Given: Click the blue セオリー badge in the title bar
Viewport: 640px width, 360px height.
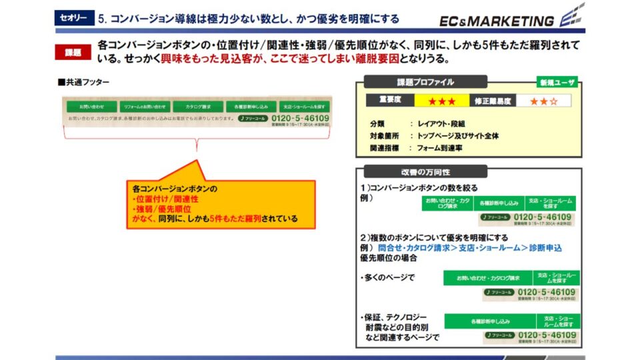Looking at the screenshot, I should point(73,19).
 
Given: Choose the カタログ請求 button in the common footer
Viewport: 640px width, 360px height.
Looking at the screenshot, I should point(198,107).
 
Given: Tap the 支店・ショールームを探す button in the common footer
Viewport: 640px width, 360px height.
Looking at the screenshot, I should point(303,107).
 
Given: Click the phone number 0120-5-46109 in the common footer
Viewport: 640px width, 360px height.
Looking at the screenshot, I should point(300,119).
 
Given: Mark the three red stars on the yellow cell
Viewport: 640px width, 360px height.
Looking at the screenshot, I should point(442,101).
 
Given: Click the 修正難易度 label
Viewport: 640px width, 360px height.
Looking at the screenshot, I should point(493,101).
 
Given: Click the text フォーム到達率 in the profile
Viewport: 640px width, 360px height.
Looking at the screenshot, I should point(441,148).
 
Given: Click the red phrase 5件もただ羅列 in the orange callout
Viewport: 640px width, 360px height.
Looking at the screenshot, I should point(232,218).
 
